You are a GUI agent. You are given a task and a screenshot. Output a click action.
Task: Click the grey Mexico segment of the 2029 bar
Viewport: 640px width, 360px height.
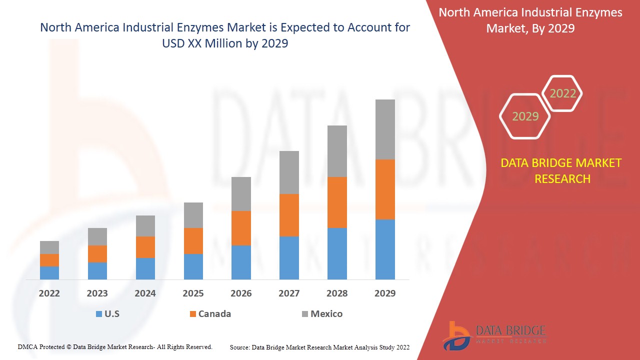(x=385, y=129)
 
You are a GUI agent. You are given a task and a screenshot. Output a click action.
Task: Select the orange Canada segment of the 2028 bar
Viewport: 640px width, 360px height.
(x=337, y=202)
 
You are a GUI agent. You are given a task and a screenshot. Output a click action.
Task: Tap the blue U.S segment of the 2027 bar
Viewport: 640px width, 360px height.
(x=289, y=258)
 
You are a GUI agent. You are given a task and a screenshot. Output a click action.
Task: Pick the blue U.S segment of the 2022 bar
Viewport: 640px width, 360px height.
(x=49, y=273)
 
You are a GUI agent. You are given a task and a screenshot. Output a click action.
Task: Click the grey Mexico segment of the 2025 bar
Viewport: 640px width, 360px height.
(x=193, y=215)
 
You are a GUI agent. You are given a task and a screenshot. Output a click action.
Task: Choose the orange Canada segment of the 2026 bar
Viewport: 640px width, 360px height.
(x=241, y=228)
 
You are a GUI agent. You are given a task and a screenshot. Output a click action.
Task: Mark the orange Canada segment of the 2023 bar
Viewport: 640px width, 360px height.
(x=97, y=254)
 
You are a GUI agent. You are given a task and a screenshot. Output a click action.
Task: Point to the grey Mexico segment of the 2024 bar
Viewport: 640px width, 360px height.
(x=145, y=226)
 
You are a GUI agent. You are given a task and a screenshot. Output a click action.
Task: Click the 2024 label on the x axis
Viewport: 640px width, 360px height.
(x=145, y=293)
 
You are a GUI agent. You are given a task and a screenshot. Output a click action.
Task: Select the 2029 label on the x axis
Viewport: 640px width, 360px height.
(x=385, y=293)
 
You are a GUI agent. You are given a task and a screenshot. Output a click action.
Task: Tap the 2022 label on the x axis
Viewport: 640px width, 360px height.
(x=49, y=293)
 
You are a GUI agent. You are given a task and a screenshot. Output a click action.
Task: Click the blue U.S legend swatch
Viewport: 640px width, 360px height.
(x=98, y=314)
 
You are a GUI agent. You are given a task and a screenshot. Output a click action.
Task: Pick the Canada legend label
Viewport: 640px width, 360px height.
(x=214, y=314)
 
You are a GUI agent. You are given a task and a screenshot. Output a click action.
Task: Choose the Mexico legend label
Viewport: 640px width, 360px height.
(x=326, y=314)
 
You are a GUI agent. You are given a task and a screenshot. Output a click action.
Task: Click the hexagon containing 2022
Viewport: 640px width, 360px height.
(x=562, y=93)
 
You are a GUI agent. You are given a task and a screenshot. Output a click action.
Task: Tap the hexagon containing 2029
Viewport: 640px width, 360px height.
(x=525, y=116)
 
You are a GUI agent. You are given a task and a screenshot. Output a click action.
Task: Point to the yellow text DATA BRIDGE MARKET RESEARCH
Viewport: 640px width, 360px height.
(x=561, y=170)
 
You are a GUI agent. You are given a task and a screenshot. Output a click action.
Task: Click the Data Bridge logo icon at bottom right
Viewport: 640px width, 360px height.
(x=455, y=334)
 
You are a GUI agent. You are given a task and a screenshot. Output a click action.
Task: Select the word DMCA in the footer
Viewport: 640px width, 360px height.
(x=27, y=346)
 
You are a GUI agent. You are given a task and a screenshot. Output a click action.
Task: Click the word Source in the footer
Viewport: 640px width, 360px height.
(x=239, y=347)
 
